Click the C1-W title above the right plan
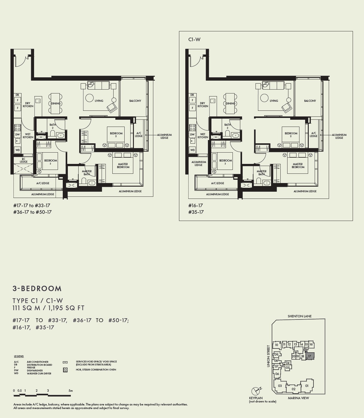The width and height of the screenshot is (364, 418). tap(194, 40)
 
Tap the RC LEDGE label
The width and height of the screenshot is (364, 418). tap(24, 161)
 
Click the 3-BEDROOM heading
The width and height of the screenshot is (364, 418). tap(37, 288)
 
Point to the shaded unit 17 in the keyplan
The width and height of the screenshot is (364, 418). tap(310, 356)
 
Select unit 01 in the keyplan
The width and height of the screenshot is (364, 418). tap(307, 386)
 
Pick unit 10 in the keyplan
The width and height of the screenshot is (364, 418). tap(276, 345)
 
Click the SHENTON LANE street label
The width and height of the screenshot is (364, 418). tap(299, 316)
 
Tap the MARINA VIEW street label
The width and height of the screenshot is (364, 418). tap(298, 398)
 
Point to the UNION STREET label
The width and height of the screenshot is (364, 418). tap(268, 356)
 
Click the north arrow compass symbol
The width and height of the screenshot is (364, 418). tap(256, 391)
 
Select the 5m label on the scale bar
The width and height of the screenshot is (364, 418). tap(71, 391)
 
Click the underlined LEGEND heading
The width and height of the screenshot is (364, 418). tap(19, 356)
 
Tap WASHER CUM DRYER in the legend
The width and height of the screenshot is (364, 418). tap(39, 373)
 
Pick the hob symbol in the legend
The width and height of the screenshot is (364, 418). tap(65, 370)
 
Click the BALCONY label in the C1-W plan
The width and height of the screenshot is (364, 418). tap(310, 101)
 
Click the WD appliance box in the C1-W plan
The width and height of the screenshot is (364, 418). tap(192, 150)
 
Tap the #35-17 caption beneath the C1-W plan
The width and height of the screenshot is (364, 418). tap(196, 212)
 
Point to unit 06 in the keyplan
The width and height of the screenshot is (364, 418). tap(277, 374)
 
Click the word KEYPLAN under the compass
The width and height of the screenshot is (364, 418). tap(256, 398)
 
